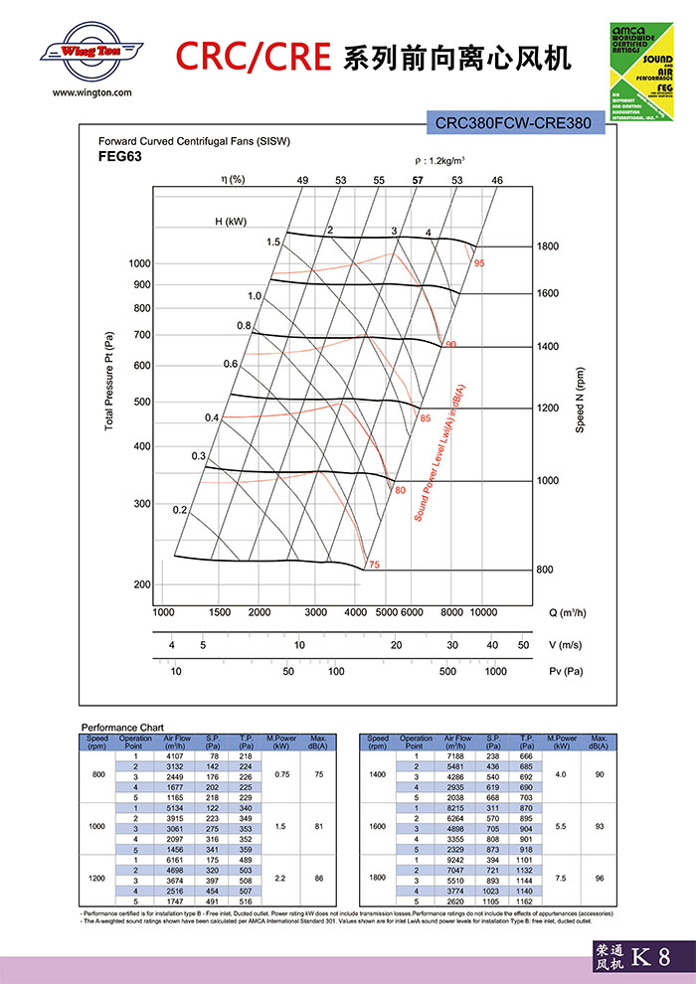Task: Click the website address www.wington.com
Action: tap(91, 92)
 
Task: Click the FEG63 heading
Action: tap(119, 156)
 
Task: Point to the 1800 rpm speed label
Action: tap(549, 246)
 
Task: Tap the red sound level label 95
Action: tap(479, 263)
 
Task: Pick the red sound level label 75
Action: tap(374, 565)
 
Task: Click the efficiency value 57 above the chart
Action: tap(418, 180)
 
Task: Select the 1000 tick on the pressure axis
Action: tap(139, 263)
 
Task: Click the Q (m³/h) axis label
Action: tap(568, 612)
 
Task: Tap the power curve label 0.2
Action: tap(180, 510)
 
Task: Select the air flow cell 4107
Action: tap(175, 757)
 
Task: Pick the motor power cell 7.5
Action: tap(562, 878)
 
